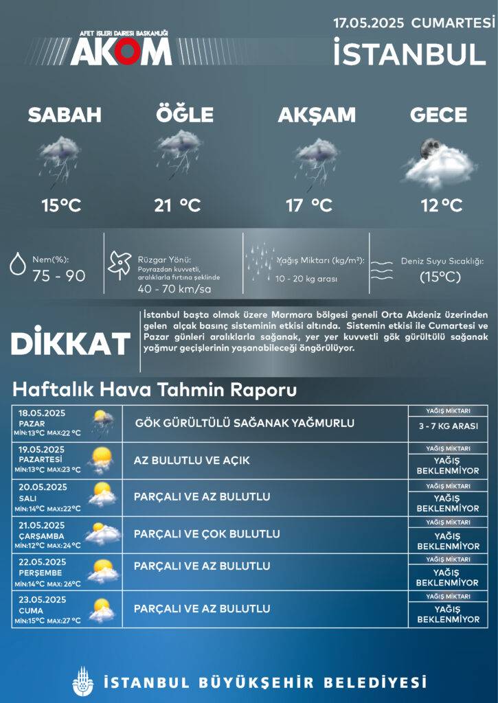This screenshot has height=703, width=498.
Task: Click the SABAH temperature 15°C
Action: [x=61, y=205]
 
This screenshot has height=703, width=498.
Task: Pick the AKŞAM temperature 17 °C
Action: [x=309, y=205]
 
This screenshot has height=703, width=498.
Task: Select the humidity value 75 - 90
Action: [x=59, y=275]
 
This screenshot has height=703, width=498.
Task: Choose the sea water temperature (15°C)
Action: [x=440, y=277]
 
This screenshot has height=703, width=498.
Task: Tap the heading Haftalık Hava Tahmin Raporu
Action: [x=155, y=391]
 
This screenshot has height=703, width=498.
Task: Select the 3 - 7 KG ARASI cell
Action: [x=448, y=426]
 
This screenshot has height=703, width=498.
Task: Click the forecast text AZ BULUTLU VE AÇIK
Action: [x=192, y=459]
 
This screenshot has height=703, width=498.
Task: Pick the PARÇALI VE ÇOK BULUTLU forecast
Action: [x=207, y=533]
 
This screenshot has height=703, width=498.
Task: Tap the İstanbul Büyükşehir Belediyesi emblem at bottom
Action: [x=81, y=682]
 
